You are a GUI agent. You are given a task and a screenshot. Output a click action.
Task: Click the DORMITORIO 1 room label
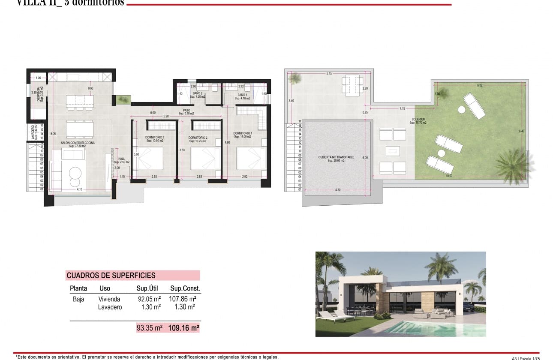[242, 133]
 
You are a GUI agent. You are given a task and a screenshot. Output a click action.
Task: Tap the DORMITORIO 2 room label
[198, 138]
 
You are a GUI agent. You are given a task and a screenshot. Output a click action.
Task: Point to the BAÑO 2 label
[197, 93]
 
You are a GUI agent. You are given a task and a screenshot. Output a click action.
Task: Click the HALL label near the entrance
[121, 159]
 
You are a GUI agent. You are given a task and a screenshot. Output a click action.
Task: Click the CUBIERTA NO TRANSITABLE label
[336, 157]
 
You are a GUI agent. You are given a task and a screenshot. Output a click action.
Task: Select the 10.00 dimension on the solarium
[448, 175]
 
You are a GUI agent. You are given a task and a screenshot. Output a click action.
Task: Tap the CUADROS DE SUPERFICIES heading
[111, 276]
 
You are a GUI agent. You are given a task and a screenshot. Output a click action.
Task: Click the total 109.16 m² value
[183, 328]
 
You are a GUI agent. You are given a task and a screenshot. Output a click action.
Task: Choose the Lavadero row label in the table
[110, 307]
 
